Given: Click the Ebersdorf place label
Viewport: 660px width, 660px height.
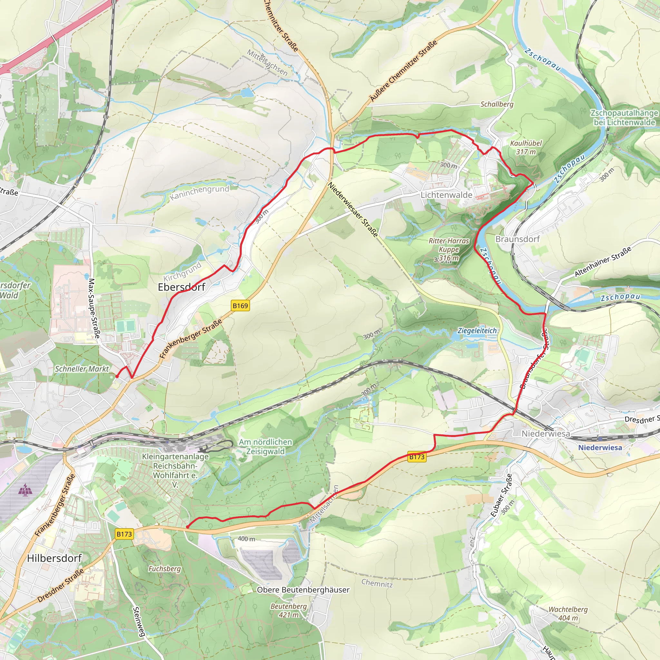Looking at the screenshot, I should [x=181, y=287].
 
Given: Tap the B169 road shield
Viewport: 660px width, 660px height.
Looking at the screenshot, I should [x=240, y=306].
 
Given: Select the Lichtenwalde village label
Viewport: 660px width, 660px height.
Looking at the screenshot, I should [x=446, y=195].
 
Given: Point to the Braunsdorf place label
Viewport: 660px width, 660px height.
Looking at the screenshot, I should [x=517, y=239].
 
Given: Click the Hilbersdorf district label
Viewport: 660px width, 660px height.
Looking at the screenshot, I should [x=54, y=558].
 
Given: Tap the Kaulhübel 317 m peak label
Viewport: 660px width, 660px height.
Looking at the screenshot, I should [x=526, y=148].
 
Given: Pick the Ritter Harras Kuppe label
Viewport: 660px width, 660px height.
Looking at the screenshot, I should [x=449, y=249].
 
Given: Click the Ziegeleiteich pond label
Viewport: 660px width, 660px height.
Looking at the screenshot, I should [x=477, y=330].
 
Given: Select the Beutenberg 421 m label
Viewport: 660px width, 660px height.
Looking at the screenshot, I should [x=288, y=610].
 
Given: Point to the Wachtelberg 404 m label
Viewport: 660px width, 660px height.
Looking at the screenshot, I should [x=568, y=614].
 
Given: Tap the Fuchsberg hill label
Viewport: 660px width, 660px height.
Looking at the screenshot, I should [x=164, y=569].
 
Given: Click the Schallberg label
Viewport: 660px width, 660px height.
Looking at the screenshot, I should [x=497, y=104].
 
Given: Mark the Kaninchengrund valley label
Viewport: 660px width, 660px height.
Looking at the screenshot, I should [x=199, y=193].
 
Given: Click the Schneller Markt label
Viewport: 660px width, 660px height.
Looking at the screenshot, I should [x=82, y=369].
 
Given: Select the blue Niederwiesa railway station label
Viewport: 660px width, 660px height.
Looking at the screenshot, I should [x=600, y=448].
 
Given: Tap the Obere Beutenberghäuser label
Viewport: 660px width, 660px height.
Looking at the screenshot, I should [x=303, y=590].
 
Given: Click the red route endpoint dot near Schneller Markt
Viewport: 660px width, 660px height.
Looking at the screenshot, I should [x=117, y=376].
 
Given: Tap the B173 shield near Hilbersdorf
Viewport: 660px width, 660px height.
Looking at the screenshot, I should [x=124, y=534].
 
